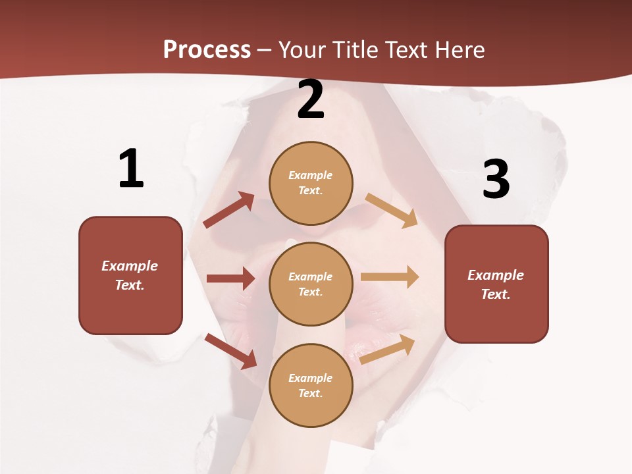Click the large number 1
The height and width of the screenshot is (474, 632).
(x=131, y=169)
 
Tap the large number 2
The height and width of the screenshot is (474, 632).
(x=311, y=100)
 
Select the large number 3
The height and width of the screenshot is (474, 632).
(x=496, y=179)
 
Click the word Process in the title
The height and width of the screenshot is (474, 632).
(x=207, y=49)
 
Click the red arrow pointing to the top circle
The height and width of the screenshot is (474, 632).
(x=229, y=210)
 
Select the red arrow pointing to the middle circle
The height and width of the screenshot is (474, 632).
(x=230, y=278)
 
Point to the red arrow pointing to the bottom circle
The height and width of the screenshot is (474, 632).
(x=231, y=351)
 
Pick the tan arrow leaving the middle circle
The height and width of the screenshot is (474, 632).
(x=390, y=276)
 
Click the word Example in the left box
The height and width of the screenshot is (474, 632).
(x=130, y=266)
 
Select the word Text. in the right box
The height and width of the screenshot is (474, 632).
(x=496, y=294)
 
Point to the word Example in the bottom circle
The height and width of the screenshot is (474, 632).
(x=311, y=378)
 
